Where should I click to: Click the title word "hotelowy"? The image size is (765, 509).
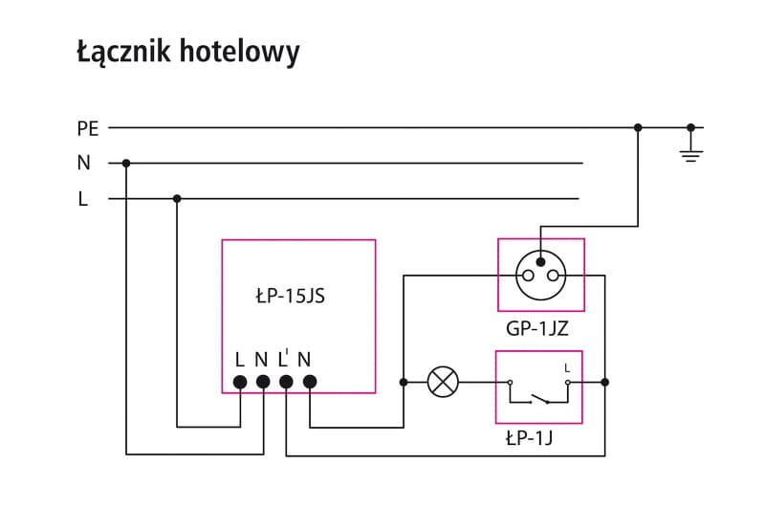pos(240,52)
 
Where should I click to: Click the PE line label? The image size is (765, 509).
pos(88,129)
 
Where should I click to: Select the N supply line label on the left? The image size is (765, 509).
pos(83,163)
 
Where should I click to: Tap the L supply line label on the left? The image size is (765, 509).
pos(83,199)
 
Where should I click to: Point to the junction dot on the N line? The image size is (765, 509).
pos(126,163)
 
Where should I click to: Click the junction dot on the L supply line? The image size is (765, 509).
pos(177,199)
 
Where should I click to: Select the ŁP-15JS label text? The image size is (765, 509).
pos(291,296)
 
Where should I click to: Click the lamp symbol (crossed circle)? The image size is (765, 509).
pos(443,382)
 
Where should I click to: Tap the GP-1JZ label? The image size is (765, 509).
pos(537,329)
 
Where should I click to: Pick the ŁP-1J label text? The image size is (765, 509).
pos(530,438)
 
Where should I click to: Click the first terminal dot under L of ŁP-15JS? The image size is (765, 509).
pos(240,382)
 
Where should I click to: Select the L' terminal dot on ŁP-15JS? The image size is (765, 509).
pos(286,382)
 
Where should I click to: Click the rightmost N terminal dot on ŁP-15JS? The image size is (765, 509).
pos(310,382)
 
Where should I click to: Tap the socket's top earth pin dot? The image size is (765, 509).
pos(540,262)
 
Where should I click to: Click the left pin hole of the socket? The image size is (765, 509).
pos(528,276)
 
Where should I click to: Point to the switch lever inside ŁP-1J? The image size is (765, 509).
pos(540,398)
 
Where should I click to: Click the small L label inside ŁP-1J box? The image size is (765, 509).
pos(567,368)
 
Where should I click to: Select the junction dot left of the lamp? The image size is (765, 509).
pos(404,382)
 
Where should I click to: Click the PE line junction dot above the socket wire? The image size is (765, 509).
pos(638,128)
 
